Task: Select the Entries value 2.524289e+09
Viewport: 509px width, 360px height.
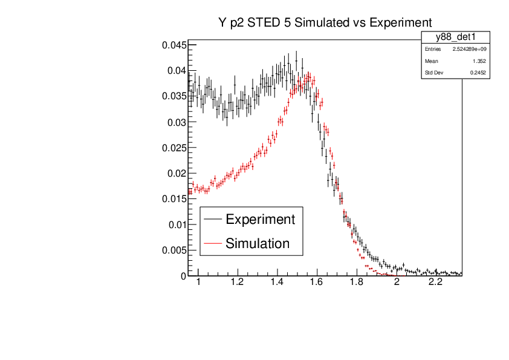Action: pyautogui.click(x=465, y=49)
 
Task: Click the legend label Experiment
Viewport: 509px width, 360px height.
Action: pyautogui.click(x=260, y=219)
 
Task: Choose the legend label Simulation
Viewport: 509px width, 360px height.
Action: pyautogui.click(x=258, y=243)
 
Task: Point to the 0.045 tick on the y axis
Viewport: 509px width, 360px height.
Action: pyautogui.click(x=173, y=45)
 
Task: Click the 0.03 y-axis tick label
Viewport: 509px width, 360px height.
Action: pyautogui.click(x=176, y=122)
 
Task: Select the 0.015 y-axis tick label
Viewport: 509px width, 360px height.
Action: pyautogui.click(x=173, y=199)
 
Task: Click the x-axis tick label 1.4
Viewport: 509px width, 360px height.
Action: pyautogui.click(x=277, y=283)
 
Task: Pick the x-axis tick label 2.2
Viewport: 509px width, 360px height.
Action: pyautogui.click(x=435, y=283)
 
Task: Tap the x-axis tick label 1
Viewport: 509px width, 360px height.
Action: pyautogui.click(x=198, y=283)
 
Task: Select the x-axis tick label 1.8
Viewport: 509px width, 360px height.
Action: pyautogui.click(x=356, y=283)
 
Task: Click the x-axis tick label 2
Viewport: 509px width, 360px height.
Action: pyautogui.click(x=396, y=283)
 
